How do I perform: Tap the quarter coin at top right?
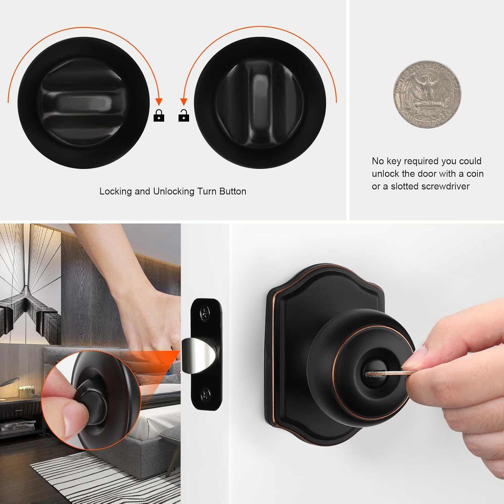point(427,94)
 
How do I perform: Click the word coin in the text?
point(475,174)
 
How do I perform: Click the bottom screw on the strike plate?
point(205,395)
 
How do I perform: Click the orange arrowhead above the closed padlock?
point(159,102)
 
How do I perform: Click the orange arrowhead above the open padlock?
point(183,102)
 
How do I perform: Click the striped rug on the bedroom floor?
point(101,470)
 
